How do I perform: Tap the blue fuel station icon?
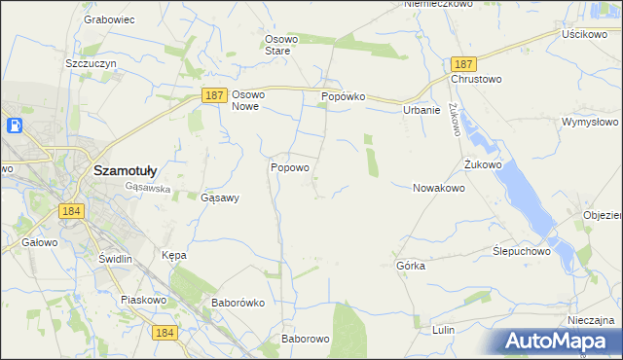click(x=16, y=126)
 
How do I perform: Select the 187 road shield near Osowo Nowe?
click(x=216, y=95)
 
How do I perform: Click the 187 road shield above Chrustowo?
click(x=462, y=62)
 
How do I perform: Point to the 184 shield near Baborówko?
click(x=165, y=333)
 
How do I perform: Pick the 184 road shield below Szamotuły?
click(x=69, y=210)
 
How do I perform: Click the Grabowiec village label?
click(x=108, y=18)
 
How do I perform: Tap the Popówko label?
click(x=343, y=97)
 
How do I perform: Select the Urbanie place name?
click(x=422, y=110)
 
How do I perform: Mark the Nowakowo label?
click(x=439, y=188)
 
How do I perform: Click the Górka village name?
click(x=411, y=265)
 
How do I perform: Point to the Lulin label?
click(x=444, y=330)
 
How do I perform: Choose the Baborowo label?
click(x=306, y=339)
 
